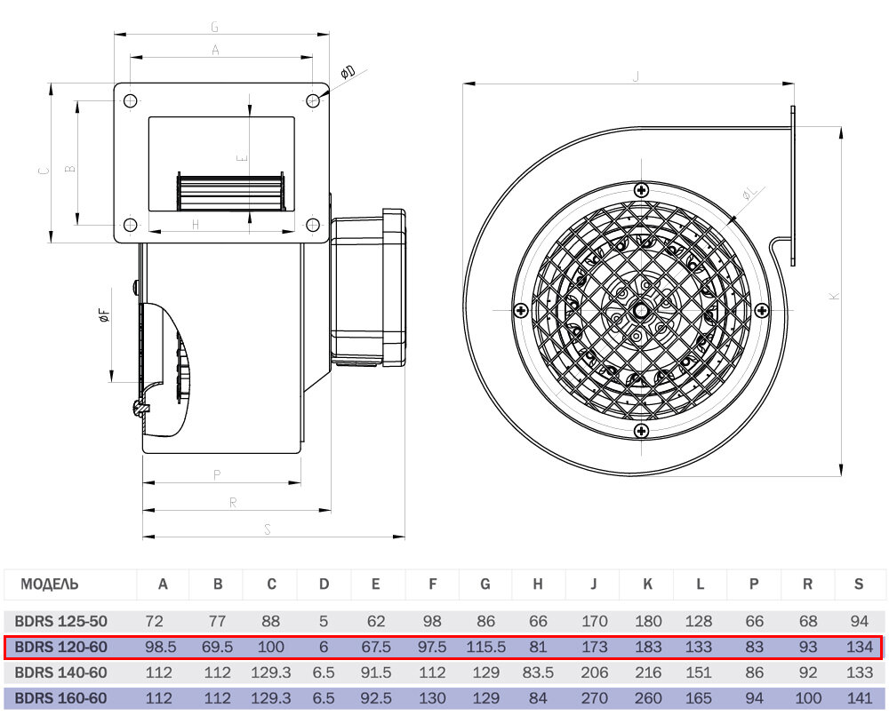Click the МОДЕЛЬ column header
pos(49,584)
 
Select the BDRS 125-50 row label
pos(60,622)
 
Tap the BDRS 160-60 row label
pos(60,698)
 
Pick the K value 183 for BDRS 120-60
pos(648,647)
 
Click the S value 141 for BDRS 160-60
pos(860,698)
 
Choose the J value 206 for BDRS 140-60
pos(594,672)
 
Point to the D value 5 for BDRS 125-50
pos(324,622)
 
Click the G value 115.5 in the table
pos(486,647)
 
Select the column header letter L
pos(701,584)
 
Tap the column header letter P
pos(754,584)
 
